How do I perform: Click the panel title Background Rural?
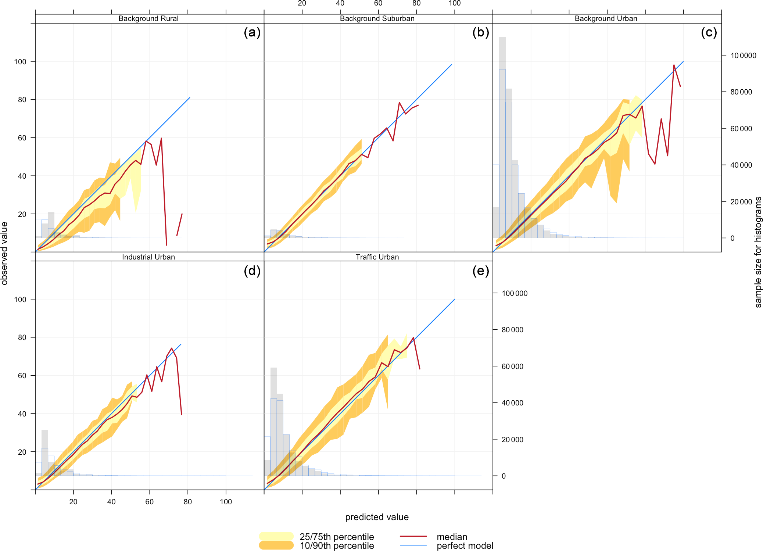click(148, 19)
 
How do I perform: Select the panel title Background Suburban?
click(377, 19)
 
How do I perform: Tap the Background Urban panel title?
click(606, 19)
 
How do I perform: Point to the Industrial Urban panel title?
click(148, 257)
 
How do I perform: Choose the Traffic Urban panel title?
click(377, 257)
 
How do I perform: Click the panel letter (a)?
click(252, 32)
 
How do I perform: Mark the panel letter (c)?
click(709, 32)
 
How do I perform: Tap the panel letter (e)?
click(481, 271)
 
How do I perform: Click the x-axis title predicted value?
click(377, 517)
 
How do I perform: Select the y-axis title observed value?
click(4, 253)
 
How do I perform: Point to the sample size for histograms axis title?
click(758, 252)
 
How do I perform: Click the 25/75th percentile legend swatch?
click(276, 536)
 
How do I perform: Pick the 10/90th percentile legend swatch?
click(276, 545)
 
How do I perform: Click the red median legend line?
click(413, 536)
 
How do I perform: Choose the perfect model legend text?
click(465, 546)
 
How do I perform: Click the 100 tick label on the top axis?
click(455, 3)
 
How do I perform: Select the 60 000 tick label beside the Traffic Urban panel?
click(512, 366)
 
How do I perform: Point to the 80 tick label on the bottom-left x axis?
click(188, 502)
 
